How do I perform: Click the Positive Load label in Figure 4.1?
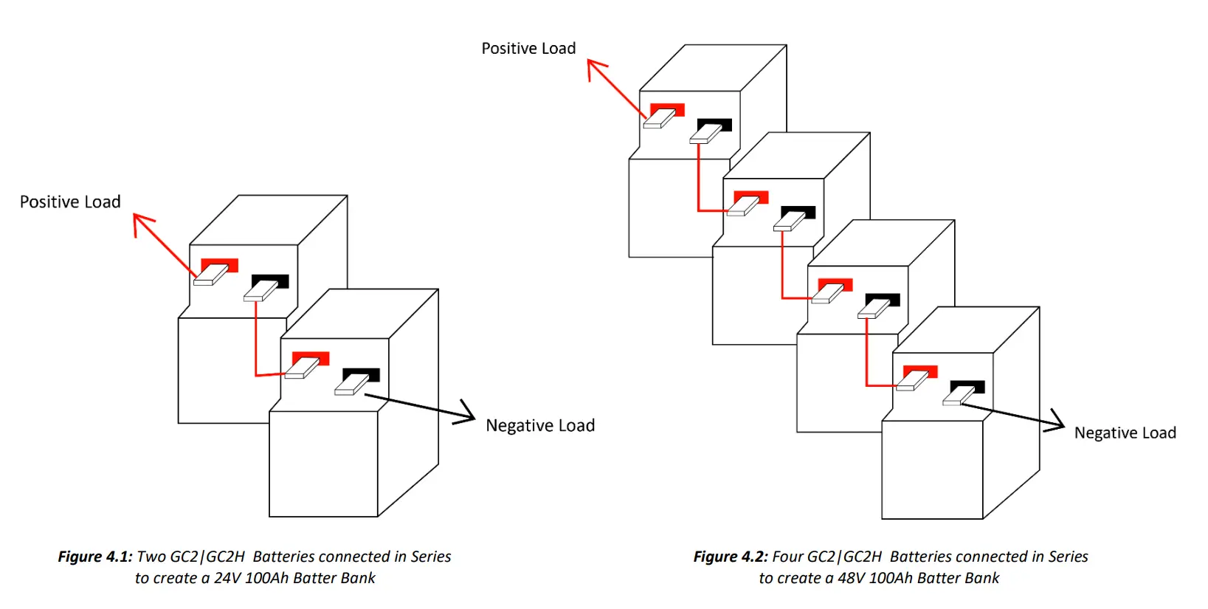click(70, 202)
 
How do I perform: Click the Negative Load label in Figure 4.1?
click(540, 426)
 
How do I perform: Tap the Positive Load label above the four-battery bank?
click(528, 49)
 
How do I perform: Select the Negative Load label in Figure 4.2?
click(1125, 433)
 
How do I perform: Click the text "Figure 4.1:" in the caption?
click(95, 557)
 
